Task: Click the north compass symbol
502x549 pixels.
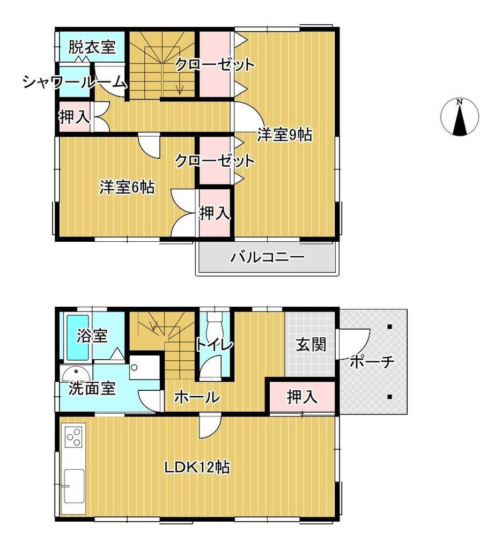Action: (459, 116)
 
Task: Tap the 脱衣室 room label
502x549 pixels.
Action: (92, 47)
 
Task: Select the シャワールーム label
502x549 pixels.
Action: (74, 82)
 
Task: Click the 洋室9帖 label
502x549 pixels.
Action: (284, 135)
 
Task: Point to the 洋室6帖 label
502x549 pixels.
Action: (127, 187)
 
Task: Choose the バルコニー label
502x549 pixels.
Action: (267, 257)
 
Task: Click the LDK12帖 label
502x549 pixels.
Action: (197, 467)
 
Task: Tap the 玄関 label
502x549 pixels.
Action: (311, 345)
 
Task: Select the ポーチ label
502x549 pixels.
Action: (372, 362)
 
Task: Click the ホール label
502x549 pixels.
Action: (197, 397)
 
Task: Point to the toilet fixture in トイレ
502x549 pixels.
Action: (214, 324)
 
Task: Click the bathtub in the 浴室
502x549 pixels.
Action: (77, 337)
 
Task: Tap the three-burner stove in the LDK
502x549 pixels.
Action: (74, 436)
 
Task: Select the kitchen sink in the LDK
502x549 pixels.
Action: (74, 486)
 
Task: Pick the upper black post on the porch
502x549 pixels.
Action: (389, 327)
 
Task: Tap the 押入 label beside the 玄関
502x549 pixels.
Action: (302, 397)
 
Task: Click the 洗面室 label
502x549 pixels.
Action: (92, 388)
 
